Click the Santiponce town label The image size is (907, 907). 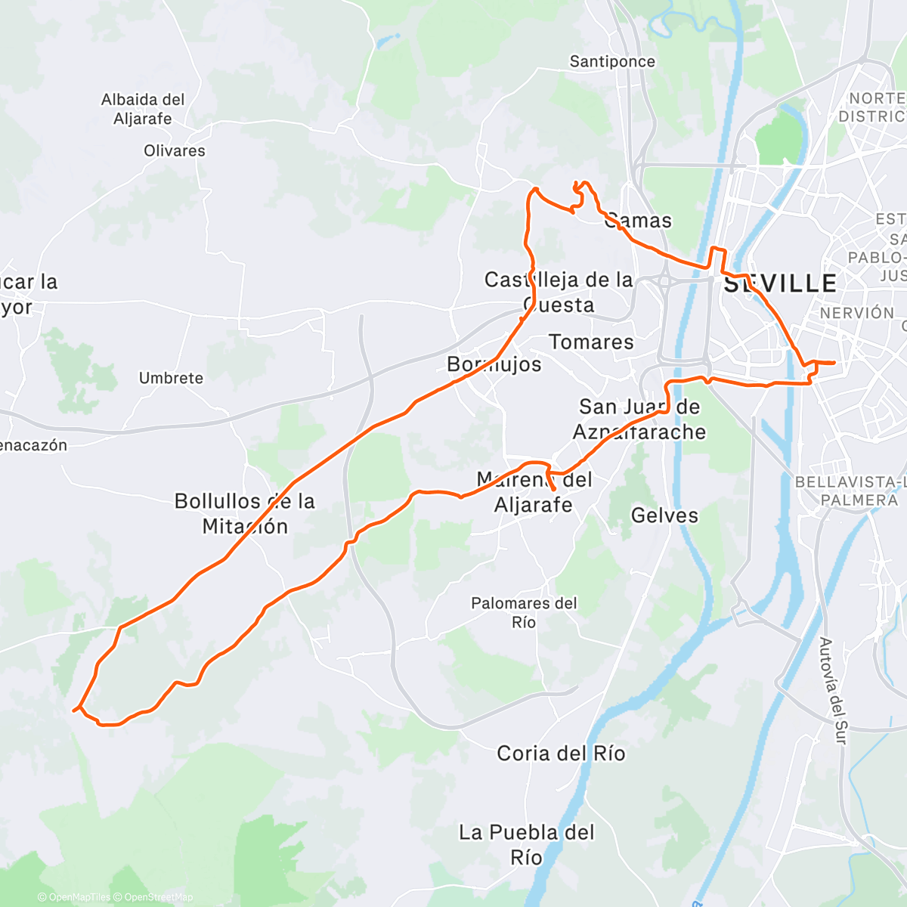612,61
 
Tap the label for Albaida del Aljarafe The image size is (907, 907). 143,109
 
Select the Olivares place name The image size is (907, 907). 175,150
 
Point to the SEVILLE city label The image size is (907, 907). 780,283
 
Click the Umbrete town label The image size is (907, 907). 171,378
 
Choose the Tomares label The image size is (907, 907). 591,342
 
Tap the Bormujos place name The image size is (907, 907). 494,364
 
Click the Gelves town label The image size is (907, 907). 664,515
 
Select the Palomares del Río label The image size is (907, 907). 524,612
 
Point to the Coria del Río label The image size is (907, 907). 561,753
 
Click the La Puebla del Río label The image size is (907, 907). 527,844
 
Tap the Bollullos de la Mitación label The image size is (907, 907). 245,513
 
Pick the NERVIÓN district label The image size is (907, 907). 856,313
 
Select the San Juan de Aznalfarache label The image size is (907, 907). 639,419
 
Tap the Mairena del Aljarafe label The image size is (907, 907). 534,491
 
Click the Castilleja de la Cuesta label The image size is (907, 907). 559,292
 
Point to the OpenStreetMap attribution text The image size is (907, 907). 159,897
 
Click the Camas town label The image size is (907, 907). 639,221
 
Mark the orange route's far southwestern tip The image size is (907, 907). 73,710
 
